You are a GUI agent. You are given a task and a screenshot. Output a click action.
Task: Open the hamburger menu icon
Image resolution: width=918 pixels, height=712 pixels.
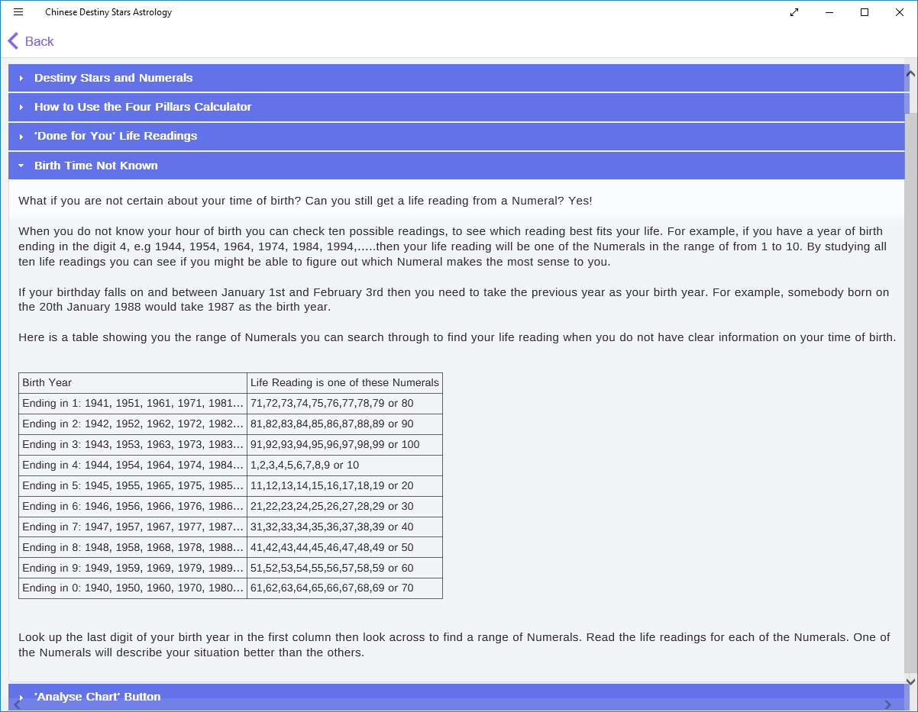18,12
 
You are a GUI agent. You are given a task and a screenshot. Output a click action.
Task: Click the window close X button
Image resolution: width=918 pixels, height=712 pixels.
900,12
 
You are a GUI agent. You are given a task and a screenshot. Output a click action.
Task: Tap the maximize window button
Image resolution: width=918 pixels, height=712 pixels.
865,12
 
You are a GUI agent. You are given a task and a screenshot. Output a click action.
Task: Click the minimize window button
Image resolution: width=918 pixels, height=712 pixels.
829,12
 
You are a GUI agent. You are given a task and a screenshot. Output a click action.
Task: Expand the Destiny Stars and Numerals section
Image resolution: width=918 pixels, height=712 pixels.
113,78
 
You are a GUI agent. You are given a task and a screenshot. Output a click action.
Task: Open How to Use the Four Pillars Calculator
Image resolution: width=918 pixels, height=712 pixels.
143,107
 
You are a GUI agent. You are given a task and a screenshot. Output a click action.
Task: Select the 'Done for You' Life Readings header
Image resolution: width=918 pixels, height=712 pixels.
115,136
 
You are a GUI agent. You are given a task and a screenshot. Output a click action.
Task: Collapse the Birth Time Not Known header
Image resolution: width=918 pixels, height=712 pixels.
96,166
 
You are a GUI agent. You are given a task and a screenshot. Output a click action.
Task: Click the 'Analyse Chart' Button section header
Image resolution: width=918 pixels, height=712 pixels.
97,696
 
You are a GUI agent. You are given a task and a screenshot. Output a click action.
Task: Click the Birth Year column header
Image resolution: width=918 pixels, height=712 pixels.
47,382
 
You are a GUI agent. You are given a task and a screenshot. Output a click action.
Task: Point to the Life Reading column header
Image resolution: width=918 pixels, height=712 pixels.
344,382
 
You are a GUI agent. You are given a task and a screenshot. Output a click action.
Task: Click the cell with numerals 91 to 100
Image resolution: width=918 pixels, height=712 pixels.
335,444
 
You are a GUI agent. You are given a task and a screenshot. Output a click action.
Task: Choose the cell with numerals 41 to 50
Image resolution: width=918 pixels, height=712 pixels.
332,547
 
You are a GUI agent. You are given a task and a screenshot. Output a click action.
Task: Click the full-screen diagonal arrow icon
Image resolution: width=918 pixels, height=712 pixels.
794,12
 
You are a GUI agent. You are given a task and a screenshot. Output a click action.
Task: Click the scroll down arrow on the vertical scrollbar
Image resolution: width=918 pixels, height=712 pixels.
910,681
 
